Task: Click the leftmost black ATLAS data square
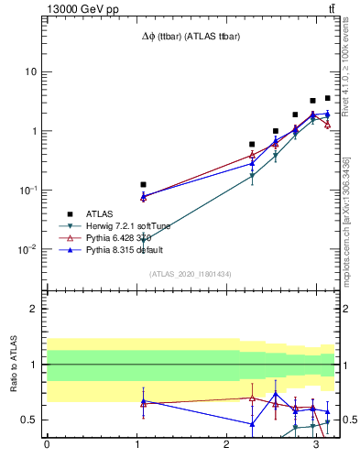(143, 184)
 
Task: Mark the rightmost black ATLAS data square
(327, 98)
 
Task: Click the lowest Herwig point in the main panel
(143, 240)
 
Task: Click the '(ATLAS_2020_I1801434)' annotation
(191, 274)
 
